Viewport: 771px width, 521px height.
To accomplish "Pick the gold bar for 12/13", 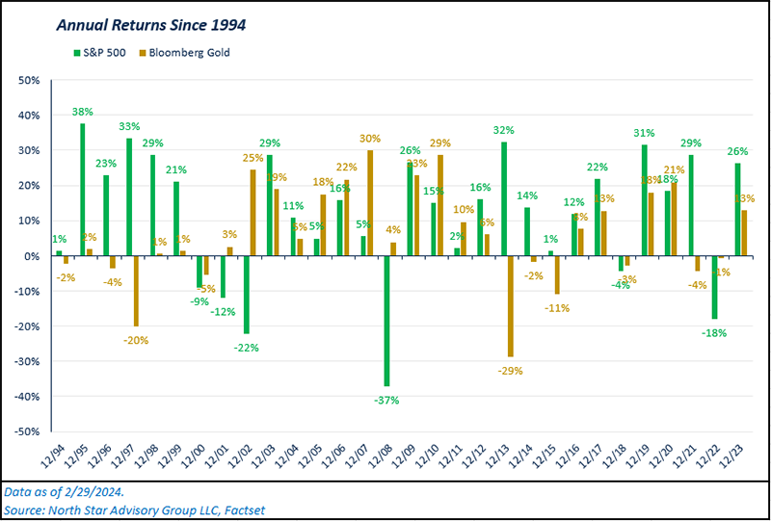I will [x=509, y=306].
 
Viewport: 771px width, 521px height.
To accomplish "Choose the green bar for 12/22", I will [x=714, y=287].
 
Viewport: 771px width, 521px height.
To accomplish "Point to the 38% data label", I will [x=84, y=112].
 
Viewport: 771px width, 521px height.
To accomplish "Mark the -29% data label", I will [x=511, y=370].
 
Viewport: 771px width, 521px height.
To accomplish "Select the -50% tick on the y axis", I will [x=29, y=431].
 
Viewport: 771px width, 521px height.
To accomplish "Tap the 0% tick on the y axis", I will [x=35, y=256].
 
